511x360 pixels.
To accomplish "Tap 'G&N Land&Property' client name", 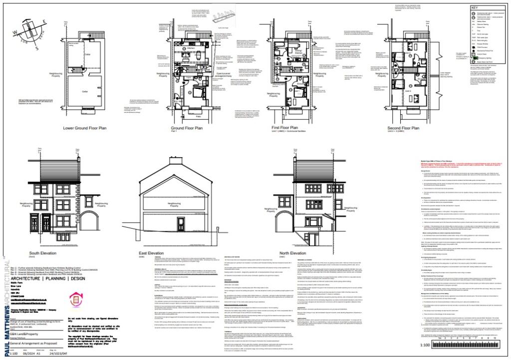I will [x=26, y=337].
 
